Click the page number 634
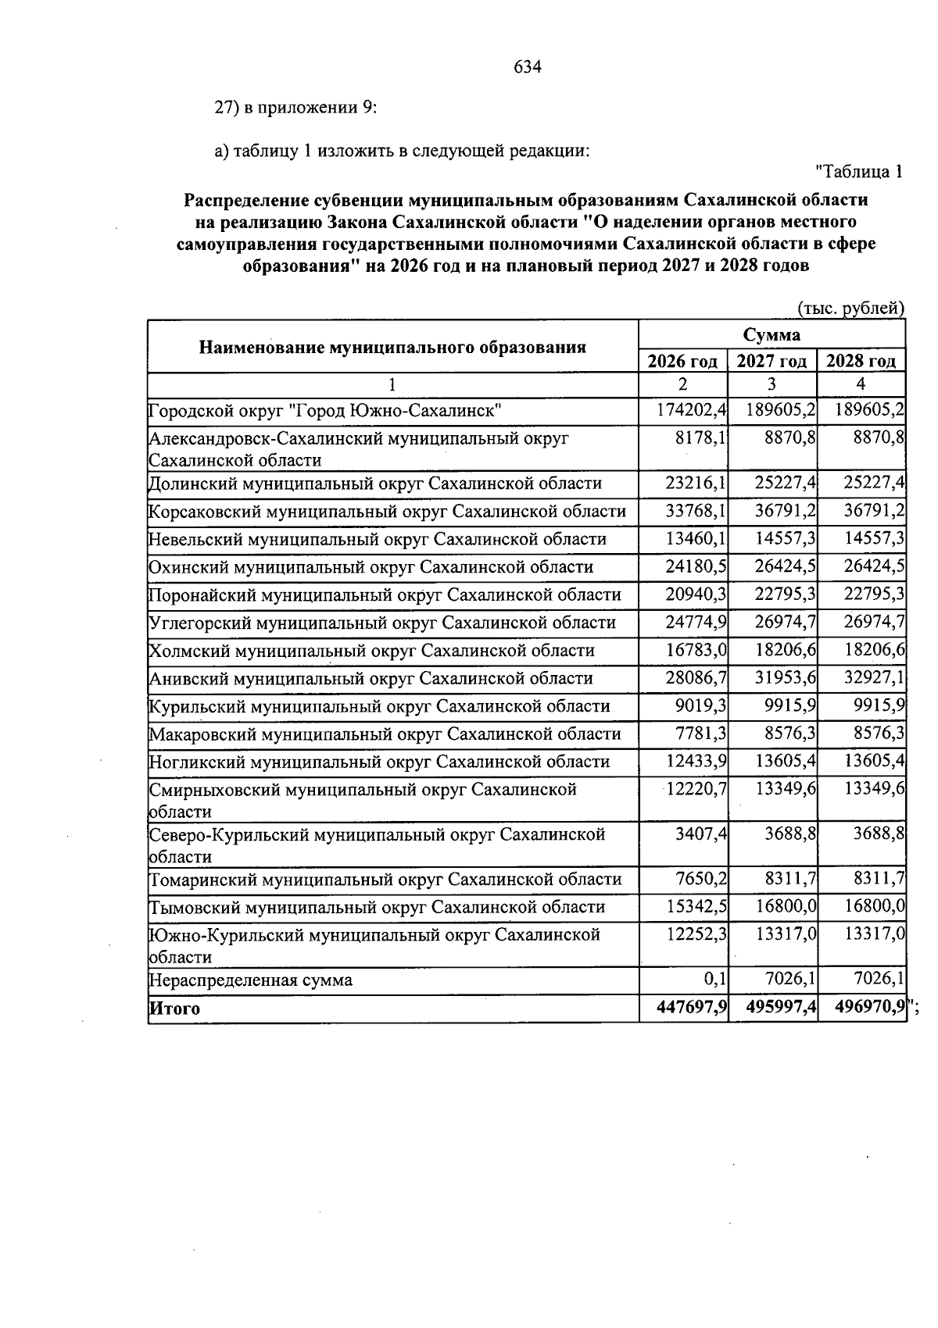click(x=528, y=67)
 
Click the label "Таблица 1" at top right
click(x=859, y=171)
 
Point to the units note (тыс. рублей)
click(x=850, y=309)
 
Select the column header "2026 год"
click(x=682, y=361)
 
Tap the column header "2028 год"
click(x=861, y=361)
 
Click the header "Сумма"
click(x=772, y=334)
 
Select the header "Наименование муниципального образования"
click(x=392, y=347)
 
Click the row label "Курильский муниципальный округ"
click(x=379, y=706)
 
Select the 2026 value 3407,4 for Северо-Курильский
click(x=701, y=834)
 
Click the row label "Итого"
click(x=174, y=1008)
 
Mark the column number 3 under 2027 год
click(x=772, y=384)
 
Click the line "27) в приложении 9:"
click(x=296, y=108)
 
